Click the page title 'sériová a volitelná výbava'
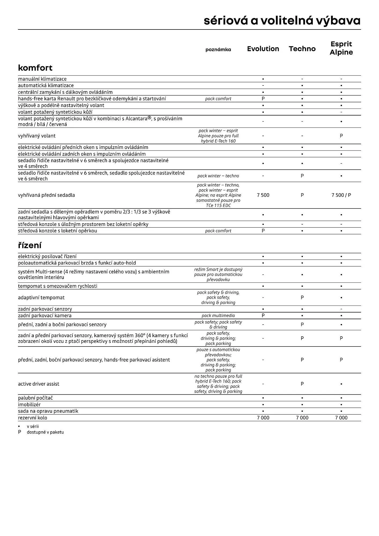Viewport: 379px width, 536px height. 282,21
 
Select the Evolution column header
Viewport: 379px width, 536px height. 263,49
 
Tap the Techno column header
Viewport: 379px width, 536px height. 302,49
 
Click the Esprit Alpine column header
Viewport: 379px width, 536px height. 341,48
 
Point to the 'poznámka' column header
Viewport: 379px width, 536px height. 218,50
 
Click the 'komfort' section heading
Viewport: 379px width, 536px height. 35,68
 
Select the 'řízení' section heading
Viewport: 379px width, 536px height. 29,245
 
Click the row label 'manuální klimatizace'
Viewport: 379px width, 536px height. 42,79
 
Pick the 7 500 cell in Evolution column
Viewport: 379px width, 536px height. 263,195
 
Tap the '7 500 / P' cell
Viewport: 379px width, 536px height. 341,195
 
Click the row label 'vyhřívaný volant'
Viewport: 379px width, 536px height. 37,136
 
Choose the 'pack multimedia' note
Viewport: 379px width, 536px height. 218,316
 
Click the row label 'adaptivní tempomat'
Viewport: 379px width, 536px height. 41,297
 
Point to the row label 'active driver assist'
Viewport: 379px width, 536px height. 39,384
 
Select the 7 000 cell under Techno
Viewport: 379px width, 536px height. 302,418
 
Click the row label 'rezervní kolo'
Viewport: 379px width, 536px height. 32,418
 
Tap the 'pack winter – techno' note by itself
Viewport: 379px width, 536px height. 218,176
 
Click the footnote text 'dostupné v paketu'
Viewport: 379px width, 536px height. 45,432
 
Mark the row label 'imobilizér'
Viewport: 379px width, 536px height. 29,405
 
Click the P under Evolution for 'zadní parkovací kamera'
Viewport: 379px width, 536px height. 263,316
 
